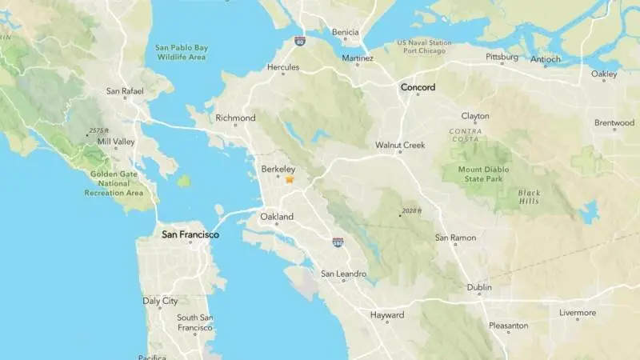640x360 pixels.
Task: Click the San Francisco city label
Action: coord(190,235)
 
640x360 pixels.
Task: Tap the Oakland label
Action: coord(277,217)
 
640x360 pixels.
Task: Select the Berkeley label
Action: coord(278,170)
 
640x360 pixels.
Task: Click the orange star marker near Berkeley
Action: coord(290,180)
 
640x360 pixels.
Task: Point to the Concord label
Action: coord(418,86)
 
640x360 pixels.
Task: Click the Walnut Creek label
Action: coord(400,146)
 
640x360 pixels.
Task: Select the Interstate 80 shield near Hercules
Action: coord(300,39)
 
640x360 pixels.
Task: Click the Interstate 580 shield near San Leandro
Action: coord(338,242)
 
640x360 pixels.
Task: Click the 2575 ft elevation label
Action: coord(99,130)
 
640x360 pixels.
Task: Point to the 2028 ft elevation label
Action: coord(411,212)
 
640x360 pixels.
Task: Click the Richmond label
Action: coord(235,118)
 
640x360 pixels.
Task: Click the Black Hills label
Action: coord(529,198)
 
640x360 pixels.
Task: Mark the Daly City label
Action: coord(160,302)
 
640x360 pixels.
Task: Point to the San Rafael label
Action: coord(125,91)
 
